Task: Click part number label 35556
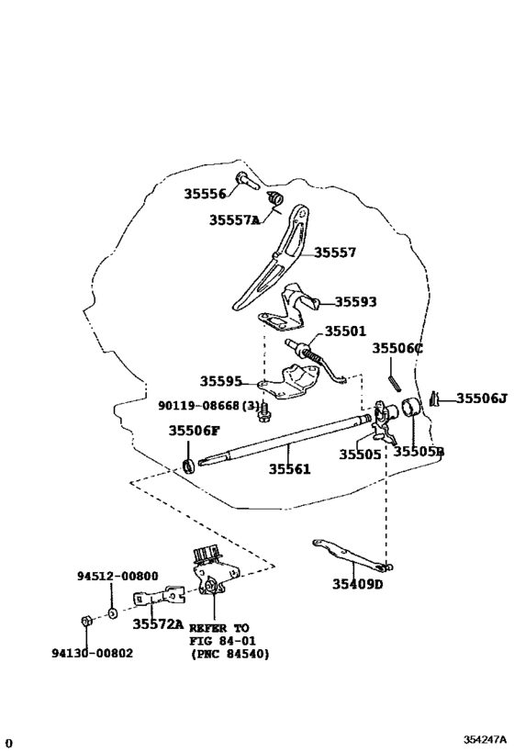[204, 194]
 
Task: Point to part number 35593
[355, 301]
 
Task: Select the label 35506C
[397, 348]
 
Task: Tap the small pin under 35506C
[393, 376]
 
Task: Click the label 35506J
[481, 398]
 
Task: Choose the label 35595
[221, 381]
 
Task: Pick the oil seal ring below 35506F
[189, 466]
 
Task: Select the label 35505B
[419, 451]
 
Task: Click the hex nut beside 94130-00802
[84, 622]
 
